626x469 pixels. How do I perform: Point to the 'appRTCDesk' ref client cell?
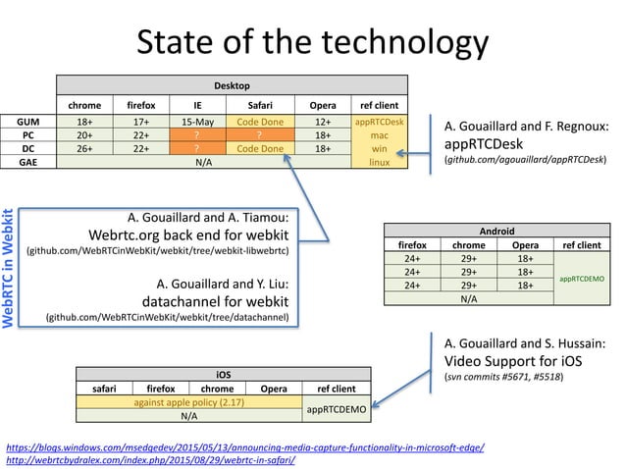pos(379,122)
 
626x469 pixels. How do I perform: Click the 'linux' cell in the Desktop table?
pos(379,162)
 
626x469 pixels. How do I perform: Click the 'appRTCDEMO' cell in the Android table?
pos(579,279)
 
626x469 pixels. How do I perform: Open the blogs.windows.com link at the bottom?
pos(245,444)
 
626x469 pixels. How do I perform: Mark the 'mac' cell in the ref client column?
pos(379,135)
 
